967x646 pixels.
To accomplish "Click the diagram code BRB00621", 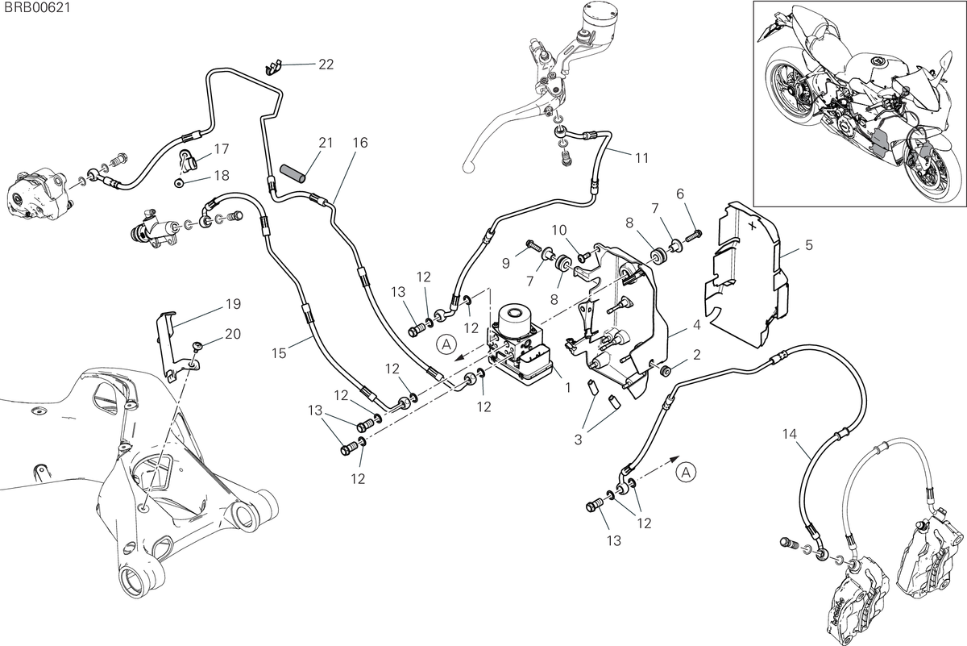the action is coord(37,8).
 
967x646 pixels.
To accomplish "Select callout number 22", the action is coord(326,65).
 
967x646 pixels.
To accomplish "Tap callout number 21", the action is coord(326,143).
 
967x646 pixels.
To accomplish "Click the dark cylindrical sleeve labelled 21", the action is coord(293,173).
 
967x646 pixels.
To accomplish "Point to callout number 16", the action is coord(360,143).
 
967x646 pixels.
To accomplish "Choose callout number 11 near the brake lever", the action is coord(642,159).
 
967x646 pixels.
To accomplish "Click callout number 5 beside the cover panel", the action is coord(808,245).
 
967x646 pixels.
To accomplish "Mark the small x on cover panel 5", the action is coord(752,226).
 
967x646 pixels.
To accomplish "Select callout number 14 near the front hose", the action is coord(790,434).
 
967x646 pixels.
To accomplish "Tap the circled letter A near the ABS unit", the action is coord(446,344).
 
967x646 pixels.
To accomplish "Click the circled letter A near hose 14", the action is coord(686,473).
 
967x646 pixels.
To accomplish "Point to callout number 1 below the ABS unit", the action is coord(568,388).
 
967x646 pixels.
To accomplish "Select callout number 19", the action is coord(233,304).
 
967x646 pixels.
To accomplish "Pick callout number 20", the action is coord(233,334).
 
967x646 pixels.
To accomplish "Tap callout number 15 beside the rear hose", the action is coord(280,353).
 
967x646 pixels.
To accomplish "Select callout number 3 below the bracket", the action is coord(578,440).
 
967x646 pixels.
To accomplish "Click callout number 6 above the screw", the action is coord(680,194).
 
